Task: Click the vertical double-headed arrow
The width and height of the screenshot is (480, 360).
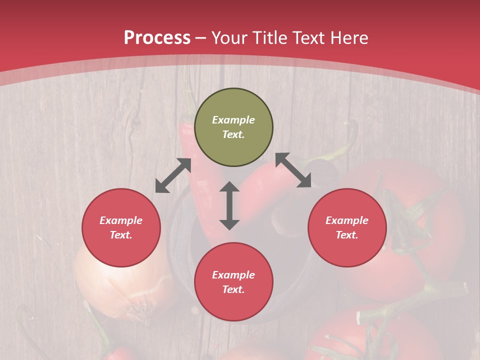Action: click(x=229, y=205)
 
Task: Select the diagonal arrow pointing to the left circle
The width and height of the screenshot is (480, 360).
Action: click(x=173, y=175)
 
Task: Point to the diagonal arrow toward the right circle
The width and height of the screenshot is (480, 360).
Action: click(x=293, y=170)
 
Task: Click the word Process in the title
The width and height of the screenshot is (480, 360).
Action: click(x=157, y=38)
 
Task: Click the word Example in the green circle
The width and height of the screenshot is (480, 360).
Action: click(x=233, y=120)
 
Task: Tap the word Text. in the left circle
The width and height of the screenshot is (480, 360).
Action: click(x=121, y=235)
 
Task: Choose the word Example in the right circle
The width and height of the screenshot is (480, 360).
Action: click(x=347, y=220)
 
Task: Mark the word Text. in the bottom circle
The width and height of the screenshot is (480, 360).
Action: click(x=233, y=289)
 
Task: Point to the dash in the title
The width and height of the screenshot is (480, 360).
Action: click(x=201, y=38)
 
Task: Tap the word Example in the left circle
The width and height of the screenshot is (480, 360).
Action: click(x=121, y=220)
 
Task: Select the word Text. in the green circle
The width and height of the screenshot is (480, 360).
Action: click(x=233, y=134)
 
